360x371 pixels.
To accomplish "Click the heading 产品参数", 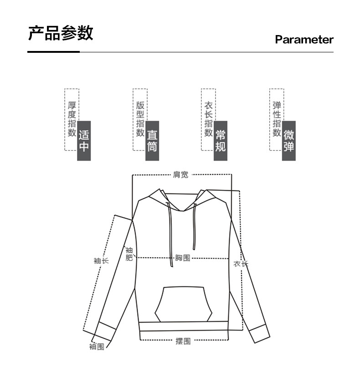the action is point(61,33).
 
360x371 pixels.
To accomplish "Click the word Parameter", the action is point(304,40).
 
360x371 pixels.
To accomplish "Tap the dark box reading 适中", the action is point(84,141).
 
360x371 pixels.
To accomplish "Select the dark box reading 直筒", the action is point(152,141).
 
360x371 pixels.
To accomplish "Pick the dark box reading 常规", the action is point(221,141).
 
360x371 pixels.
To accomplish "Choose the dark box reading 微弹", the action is point(288,141).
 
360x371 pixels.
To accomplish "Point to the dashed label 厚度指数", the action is point(72,119).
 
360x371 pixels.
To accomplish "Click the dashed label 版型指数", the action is point(140,119).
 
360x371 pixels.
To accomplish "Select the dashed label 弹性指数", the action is point(277,119).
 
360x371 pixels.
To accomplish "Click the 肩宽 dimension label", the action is point(180,174).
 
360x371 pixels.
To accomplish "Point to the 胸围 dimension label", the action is point(182,258).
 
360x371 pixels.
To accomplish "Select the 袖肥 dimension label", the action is point(129,254).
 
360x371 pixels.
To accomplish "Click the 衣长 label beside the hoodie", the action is point(241,264).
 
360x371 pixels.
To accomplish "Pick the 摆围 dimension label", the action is point(183,341).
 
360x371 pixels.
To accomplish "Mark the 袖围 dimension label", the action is point(97,347).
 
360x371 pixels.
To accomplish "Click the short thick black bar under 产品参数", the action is point(53,52).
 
